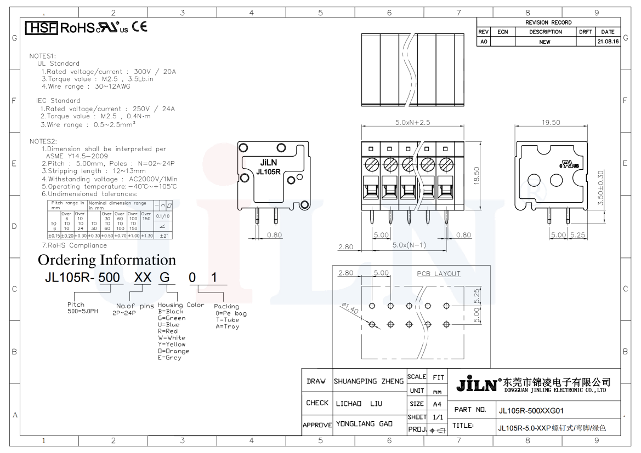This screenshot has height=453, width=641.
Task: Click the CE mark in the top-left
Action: pyautogui.click(x=139, y=26)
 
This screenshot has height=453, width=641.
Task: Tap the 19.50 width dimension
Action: pyautogui.click(x=551, y=123)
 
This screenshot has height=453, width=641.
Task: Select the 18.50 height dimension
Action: pyautogui.click(x=477, y=175)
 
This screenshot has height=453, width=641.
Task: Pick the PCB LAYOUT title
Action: pyautogui.click(x=439, y=274)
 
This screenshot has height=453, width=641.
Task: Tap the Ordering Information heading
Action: pyautogui.click(x=107, y=260)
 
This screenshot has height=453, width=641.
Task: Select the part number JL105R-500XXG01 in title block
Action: pyautogui.click(x=531, y=410)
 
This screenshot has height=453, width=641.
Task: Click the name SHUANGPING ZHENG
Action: pyautogui.click(x=368, y=381)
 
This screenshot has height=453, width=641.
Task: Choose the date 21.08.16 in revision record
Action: pyautogui.click(x=608, y=42)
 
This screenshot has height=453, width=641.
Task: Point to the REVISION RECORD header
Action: pyautogui.click(x=548, y=22)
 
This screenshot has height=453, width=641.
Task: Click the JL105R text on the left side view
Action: pyautogui.click(x=269, y=171)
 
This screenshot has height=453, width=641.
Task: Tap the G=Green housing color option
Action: pyautogui.click(x=172, y=318)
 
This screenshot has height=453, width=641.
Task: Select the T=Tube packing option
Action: pyautogui.click(x=228, y=320)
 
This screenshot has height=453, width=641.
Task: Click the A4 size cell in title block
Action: pyautogui.click(x=437, y=404)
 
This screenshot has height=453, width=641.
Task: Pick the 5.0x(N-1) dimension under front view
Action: pyautogui.click(x=409, y=245)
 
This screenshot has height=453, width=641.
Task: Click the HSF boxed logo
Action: pyautogui.click(x=42, y=27)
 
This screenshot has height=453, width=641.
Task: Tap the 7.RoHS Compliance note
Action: pyautogui.click(x=75, y=245)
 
